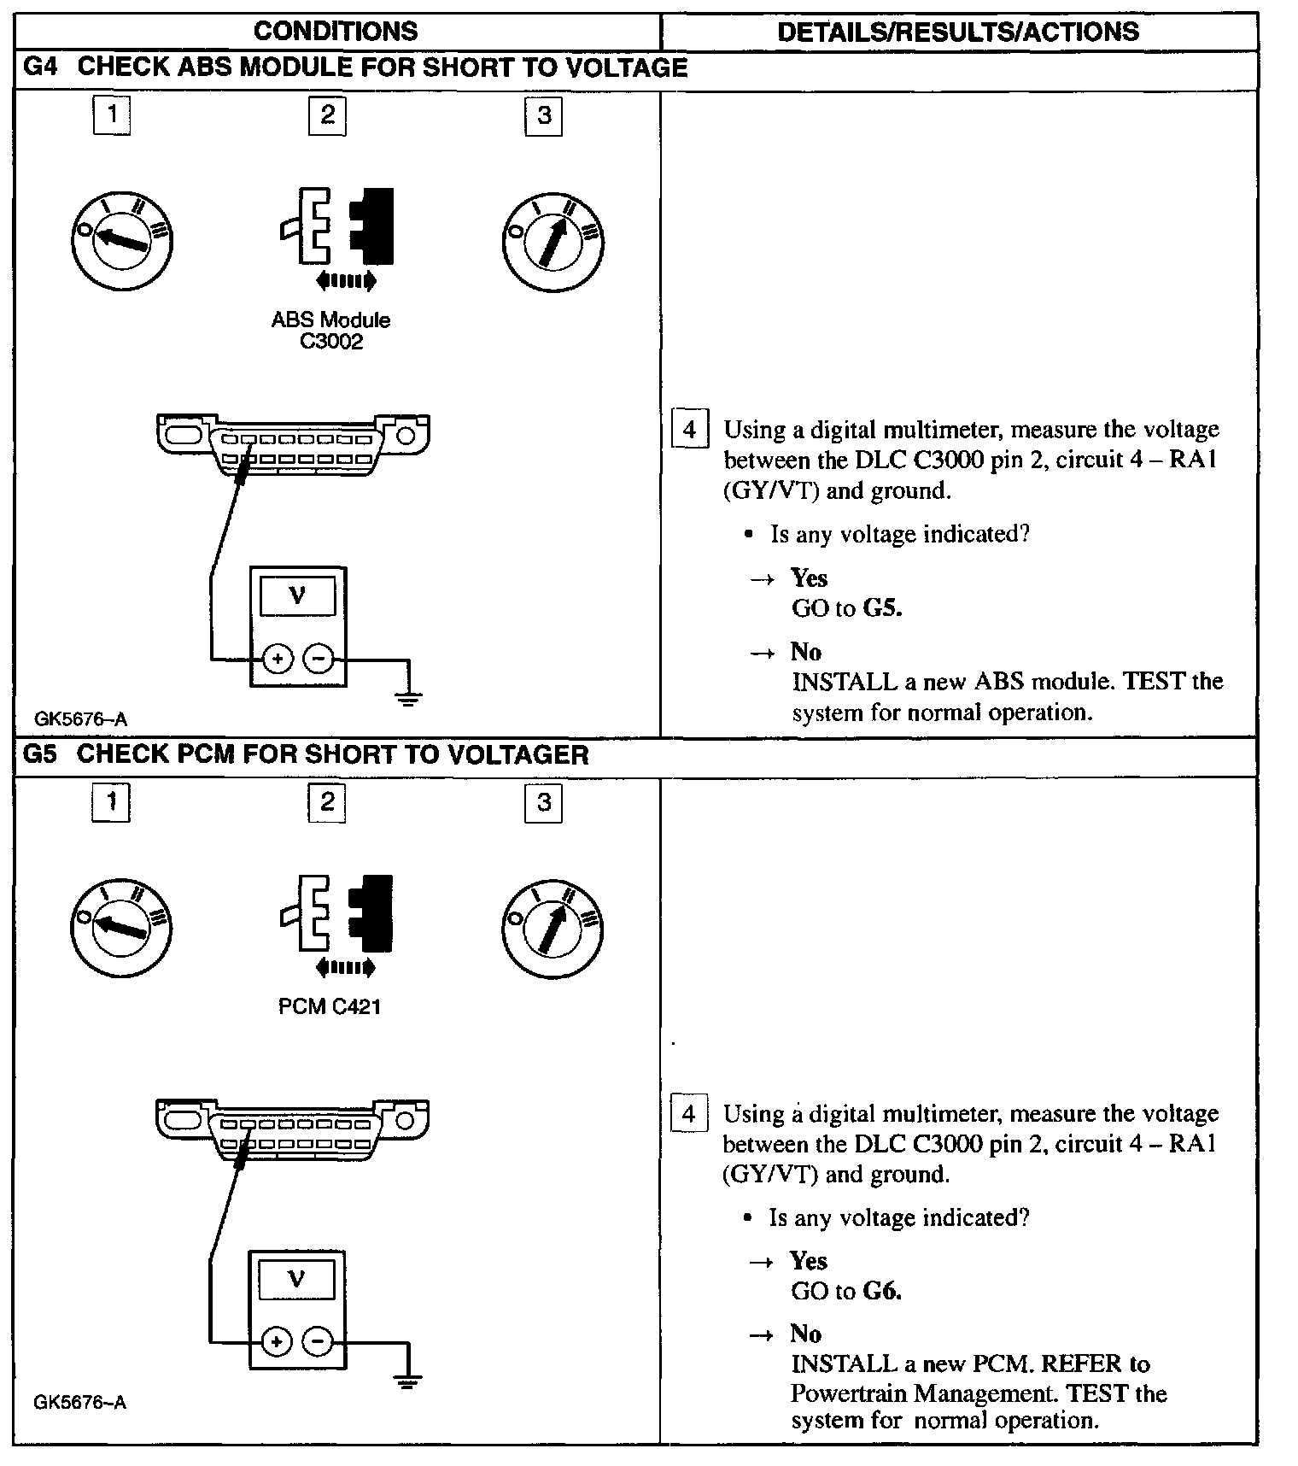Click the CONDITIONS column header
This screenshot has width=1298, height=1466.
click(336, 32)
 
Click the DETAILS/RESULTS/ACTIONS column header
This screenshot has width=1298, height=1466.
click(958, 32)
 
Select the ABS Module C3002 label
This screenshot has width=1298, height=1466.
click(330, 331)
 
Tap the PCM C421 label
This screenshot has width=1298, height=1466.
click(330, 1006)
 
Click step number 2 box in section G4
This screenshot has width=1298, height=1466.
click(327, 115)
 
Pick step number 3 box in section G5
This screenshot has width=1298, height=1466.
click(543, 802)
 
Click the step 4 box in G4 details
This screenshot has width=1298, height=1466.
click(690, 429)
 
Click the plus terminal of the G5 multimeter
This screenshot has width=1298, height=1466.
click(276, 1342)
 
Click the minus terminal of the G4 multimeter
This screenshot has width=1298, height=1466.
click(319, 659)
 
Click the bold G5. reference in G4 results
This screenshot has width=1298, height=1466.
click(882, 608)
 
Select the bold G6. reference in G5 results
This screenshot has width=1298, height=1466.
click(882, 1291)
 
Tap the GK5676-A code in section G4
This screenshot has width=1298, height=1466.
click(80, 719)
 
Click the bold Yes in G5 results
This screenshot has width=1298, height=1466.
click(809, 1261)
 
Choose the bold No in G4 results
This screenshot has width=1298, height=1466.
click(806, 652)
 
